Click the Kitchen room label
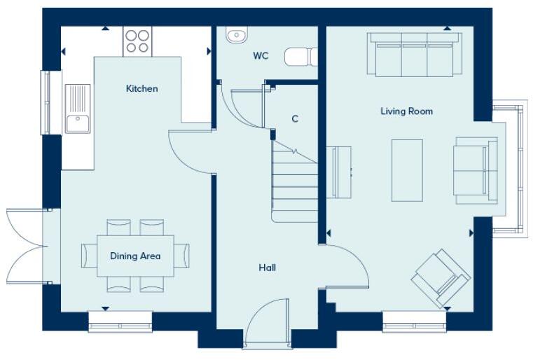(x=141, y=88)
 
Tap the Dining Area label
(x=135, y=256)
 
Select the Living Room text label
(x=406, y=111)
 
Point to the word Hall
(x=267, y=267)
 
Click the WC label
(x=261, y=55)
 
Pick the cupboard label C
(x=295, y=119)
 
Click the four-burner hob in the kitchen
(x=137, y=41)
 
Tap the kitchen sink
(x=78, y=109)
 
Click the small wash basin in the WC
(x=235, y=34)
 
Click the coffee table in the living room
(x=406, y=170)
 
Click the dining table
(x=135, y=256)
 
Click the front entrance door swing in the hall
(x=266, y=322)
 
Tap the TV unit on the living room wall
(x=340, y=172)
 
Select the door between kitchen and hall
(x=189, y=151)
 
